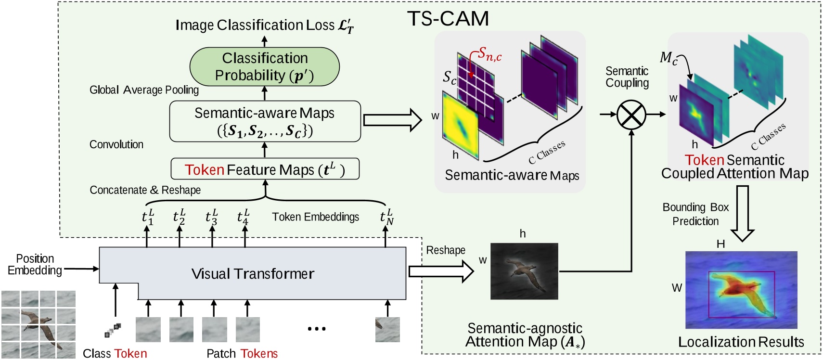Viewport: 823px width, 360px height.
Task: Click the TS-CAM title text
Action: pyautogui.click(x=448, y=19)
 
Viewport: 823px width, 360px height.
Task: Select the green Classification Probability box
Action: pyautogui.click(x=265, y=67)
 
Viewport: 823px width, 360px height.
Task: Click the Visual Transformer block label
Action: pyautogui.click(x=253, y=274)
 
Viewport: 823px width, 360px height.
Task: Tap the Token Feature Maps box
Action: pyautogui.click(x=265, y=169)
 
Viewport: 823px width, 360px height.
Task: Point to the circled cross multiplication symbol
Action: pyautogui.click(x=631, y=115)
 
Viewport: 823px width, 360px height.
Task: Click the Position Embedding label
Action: pyautogui.click(x=35, y=265)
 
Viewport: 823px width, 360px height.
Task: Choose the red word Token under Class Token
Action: pyautogui.click(x=130, y=354)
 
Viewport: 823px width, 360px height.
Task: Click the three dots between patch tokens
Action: pyautogui.click(x=317, y=329)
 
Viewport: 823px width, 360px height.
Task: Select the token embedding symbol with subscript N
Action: pyautogui.click(x=386, y=217)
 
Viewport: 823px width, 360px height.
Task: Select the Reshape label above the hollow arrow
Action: pyautogui.click(x=446, y=250)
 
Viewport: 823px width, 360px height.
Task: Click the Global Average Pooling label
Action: pyautogui.click(x=144, y=90)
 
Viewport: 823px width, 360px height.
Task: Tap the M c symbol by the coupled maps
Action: pyautogui.click(x=669, y=58)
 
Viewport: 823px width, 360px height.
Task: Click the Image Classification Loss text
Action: pyautogui.click(x=264, y=25)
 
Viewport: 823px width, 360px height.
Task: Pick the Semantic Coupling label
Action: pyautogui.click(x=627, y=77)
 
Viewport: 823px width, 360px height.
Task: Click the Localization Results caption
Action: pyautogui.click(x=741, y=342)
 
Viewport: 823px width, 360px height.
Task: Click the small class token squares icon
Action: pyautogui.click(x=113, y=330)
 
